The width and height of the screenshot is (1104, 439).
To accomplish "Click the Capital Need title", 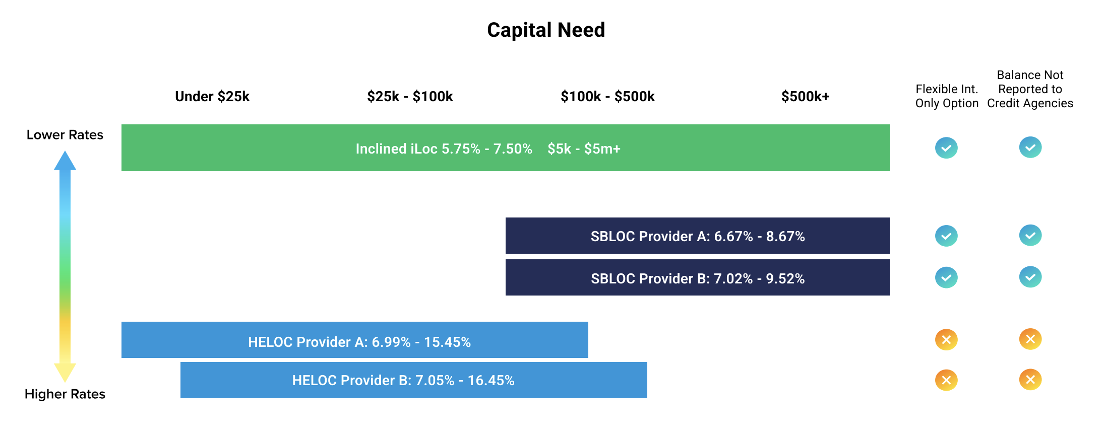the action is pos(546,30).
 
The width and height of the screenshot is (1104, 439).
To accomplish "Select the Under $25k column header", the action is pos(212,96).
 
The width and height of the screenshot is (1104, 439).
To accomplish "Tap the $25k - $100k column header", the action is pos(410,96).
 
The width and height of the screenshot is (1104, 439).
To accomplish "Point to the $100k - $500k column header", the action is pos(607,96).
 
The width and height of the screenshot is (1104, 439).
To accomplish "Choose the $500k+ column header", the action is pos(805,96).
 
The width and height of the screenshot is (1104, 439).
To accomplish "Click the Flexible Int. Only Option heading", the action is pos(947,96).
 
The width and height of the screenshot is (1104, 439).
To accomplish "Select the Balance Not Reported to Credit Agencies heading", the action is pos(1030,89).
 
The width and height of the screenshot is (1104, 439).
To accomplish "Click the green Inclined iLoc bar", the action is pos(506,148).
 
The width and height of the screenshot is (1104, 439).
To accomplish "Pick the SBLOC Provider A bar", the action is pos(698,236).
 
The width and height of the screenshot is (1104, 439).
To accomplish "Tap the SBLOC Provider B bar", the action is pos(698,277).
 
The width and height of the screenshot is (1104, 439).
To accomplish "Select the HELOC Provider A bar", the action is pos(355,340).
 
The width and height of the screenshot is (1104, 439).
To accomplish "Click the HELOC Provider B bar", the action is pos(414,380).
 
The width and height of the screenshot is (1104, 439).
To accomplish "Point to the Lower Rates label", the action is pos(65,135).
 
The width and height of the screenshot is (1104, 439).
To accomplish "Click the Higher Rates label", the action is pos(65,394).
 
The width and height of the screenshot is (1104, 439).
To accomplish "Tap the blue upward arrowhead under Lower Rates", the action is pos(65,161).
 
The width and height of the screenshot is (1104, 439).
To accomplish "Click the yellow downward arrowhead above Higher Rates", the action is pos(65,373).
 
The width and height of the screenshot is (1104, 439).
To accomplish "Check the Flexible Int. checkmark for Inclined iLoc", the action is pos(946,148).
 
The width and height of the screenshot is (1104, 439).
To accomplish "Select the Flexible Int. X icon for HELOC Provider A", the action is pos(946,339).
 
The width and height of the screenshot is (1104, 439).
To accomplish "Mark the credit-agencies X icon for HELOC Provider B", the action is pos(1030,380).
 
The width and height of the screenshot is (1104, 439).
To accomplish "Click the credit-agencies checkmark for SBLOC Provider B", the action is pos(1030,277).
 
